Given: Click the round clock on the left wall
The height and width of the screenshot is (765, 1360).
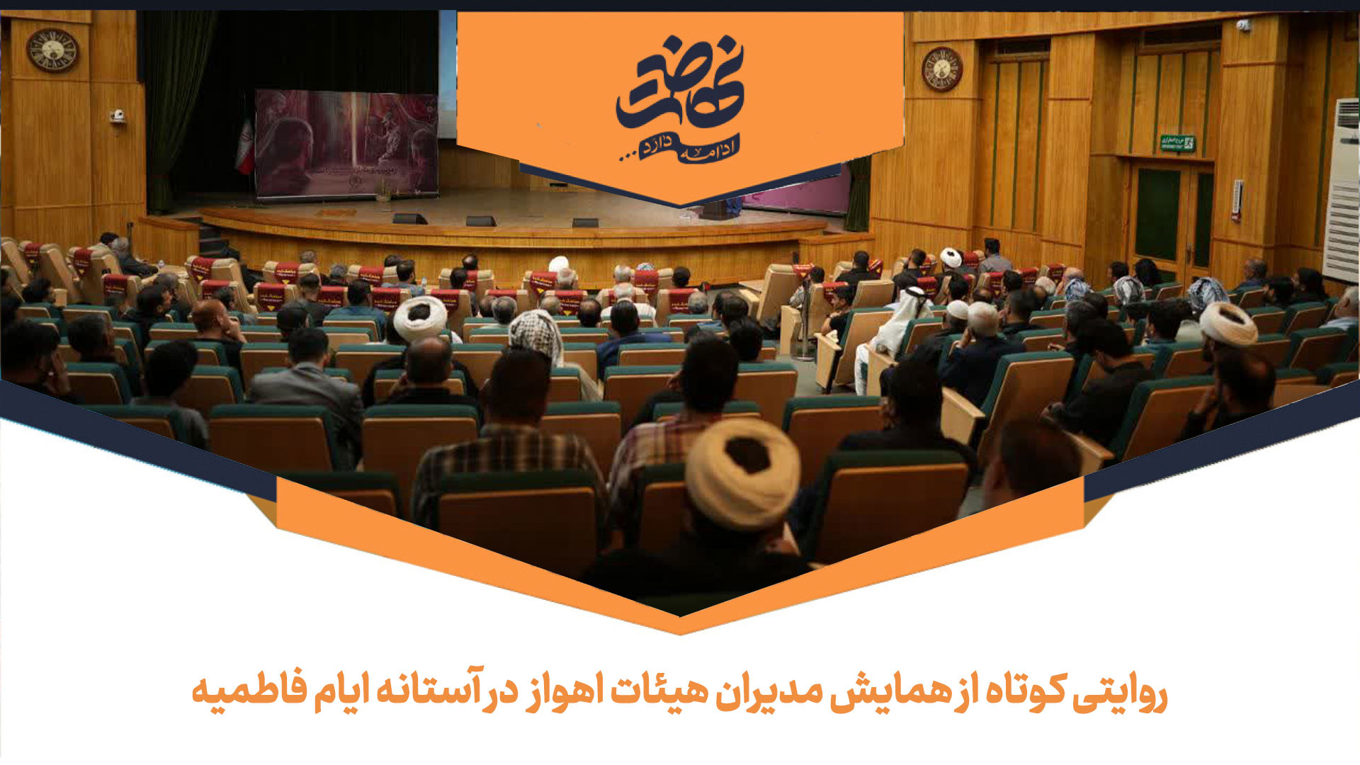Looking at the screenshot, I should click(52, 50).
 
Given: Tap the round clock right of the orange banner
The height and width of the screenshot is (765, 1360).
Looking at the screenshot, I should click(941, 69).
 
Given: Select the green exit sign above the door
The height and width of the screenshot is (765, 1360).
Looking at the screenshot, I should click(1177, 143).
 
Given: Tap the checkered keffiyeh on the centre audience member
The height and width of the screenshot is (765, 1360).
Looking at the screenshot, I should click(535, 334).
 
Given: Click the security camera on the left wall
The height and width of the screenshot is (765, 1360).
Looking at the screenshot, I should click(118, 115).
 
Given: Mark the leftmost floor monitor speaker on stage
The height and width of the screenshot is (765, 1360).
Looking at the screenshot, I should click(409, 218).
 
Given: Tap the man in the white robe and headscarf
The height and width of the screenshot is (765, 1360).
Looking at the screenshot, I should click(896, 326).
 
